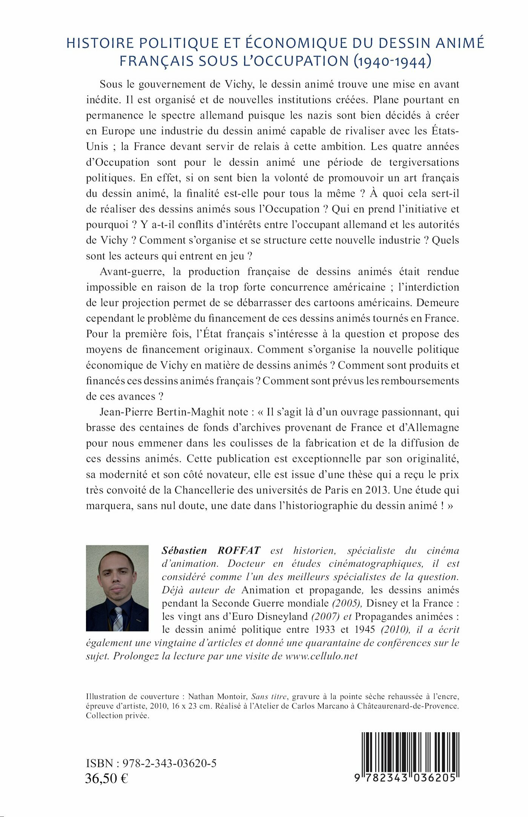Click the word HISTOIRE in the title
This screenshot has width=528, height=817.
click(x=100, y=43)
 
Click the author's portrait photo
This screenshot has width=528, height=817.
click(x=117, y=588)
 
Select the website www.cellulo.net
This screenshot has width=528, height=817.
click(x=321, y=656)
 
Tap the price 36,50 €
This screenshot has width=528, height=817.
click(x=107, y=778)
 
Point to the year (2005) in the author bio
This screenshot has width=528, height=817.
click(x=347, y=603)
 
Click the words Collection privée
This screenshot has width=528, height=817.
click(x=118, y=716)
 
